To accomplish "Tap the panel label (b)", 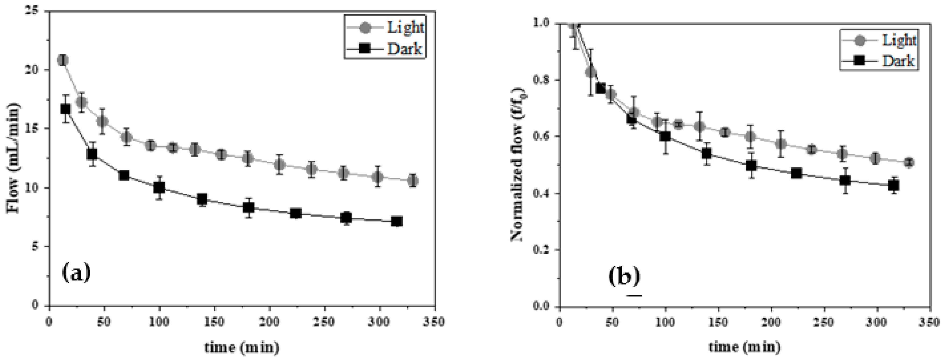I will pyautogui.click(x=624, y=277).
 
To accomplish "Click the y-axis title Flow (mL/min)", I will pyautogui.click(x=13, y=158).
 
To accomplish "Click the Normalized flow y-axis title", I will pyautogui.click(x=516, y=165).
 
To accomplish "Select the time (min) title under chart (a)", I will pyautogui.click(x=242, y=347).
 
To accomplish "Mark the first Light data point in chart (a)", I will pyautogui.click(x=63, y=60).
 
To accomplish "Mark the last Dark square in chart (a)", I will pyautogui.click(x=397, y=221).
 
